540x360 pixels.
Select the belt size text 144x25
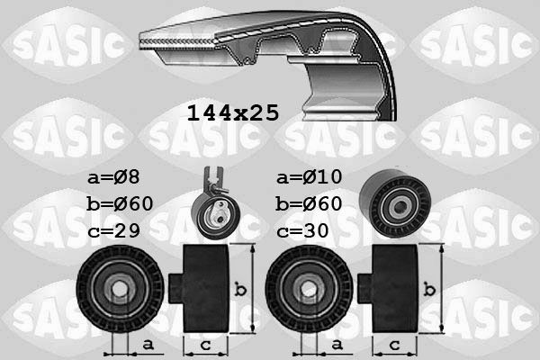[x=232, y=113]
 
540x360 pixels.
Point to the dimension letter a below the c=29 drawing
[x=147, y=345]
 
